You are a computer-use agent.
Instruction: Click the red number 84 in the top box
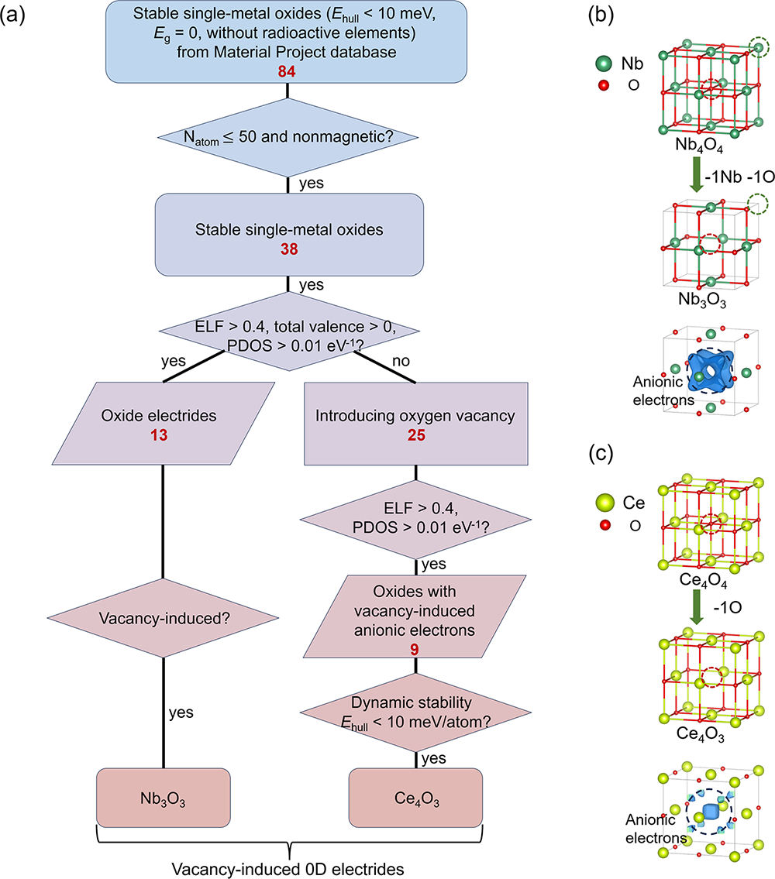point(288,71)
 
